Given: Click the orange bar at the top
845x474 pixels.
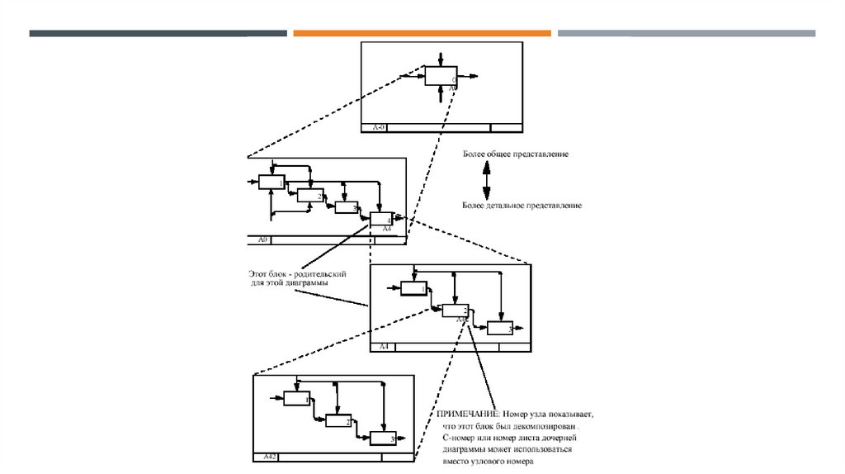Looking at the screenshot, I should pyautogui.click(x=422, y=33).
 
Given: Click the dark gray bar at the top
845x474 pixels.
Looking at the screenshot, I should pyautogui.click(x=158, y=33).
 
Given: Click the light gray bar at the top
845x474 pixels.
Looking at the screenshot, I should pyautogui.click(x=686, y=33).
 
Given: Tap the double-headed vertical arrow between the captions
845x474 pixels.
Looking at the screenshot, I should pyautogui.click(x=487, y=178).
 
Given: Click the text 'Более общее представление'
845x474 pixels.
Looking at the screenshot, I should pyautogui.click(x=515, y=154).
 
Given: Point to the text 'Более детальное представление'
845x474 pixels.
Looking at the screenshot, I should pyautogui.click(x=522, y=205).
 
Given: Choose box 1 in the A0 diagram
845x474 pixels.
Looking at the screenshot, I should pyautogui.click(x=271, y=182).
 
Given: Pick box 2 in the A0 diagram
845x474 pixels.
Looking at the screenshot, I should pyautogui.click(x=309, y=195).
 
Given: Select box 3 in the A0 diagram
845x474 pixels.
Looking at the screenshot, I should pyautogui.click(x=346, y=207).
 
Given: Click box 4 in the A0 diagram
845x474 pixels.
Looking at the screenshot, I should pyautogui.click(x=381, y=220).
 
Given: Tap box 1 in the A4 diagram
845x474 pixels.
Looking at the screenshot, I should pyautogui.click(x=413, y=287).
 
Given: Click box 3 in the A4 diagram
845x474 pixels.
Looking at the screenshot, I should pyautogui.click(x=499, y=327).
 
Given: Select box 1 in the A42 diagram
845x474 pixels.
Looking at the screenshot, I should pyautogui.click(x=295, y=398).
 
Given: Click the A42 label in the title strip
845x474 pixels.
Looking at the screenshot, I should pyautogui.click(x=270, y=457).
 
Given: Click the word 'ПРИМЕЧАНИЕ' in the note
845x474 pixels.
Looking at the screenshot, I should pyautogui.click(x=464, y=412).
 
